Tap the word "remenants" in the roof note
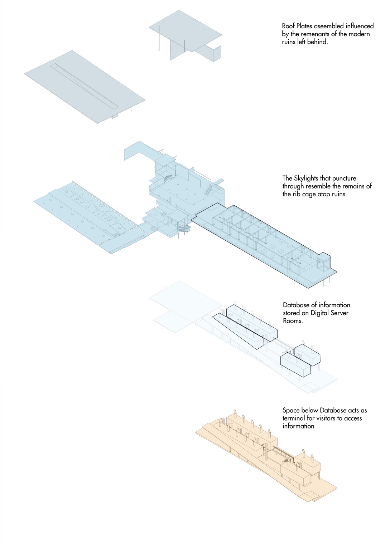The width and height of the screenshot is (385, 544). pyautogui.click(x=316, y=34)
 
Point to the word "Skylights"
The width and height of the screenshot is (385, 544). pyautogui.click(x=306, y=178)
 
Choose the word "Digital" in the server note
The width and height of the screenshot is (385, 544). pyautogui.click(x=322, y=313)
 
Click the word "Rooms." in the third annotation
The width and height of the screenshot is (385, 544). pyautogui.click(x=293, y=321)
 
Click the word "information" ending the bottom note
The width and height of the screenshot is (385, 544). pyautogui.click(x=298, y=426)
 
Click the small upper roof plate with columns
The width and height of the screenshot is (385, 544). pyautogui.click(x=185, y=31)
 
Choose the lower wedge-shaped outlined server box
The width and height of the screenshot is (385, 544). pyautogui.click(x=238, y=331)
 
